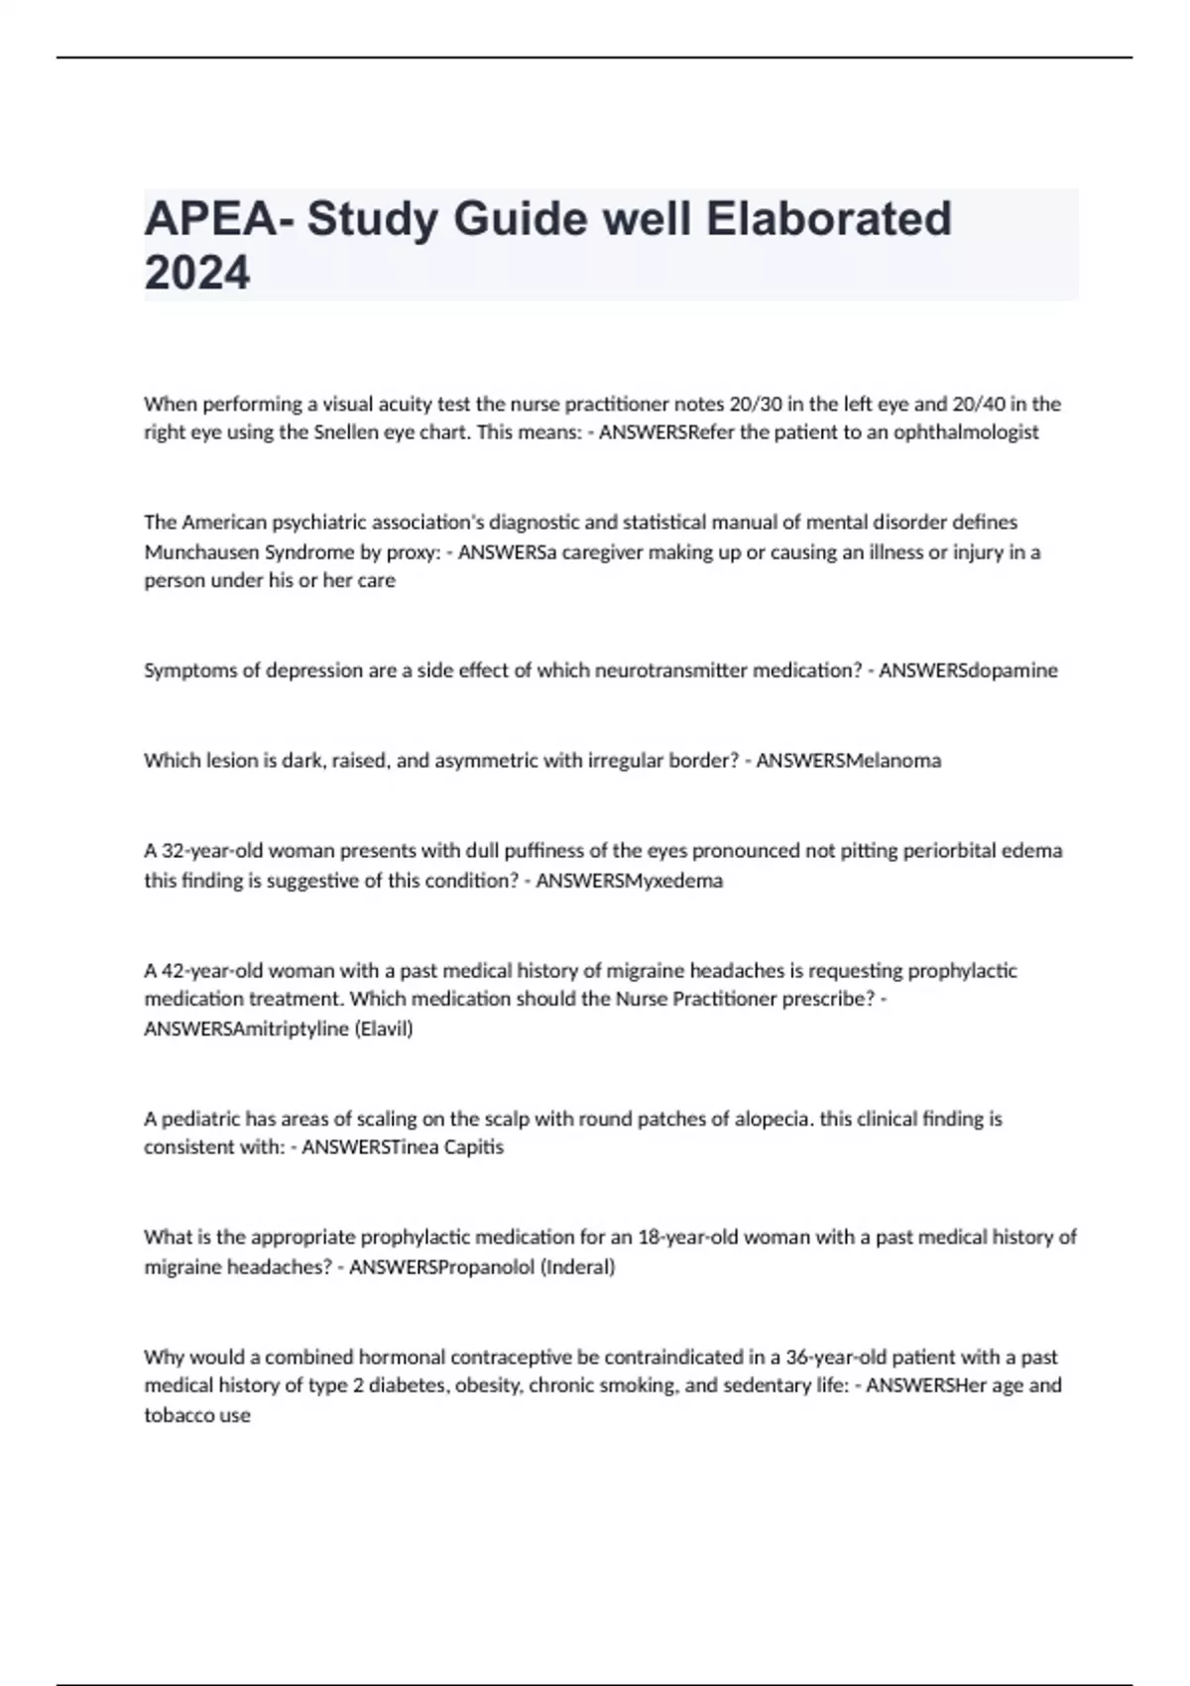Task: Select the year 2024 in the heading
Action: pyautogui.click(x=197, y=273)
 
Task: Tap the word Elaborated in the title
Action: pyautogui.click(x=828, y=219)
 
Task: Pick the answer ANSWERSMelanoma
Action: pyautogui.click(x=849, y=761)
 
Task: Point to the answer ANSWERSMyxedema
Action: pyautogui.click(x=630, y=881)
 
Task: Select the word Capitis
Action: pyautogui.click(x=472, y=1147)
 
